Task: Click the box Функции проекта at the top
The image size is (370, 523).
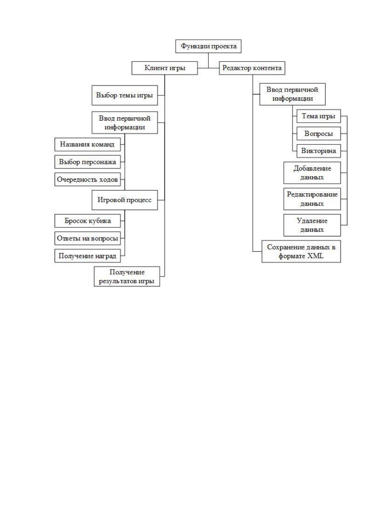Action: click(208, 46)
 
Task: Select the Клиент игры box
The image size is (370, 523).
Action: click(165, 68)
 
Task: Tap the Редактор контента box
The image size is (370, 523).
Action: click(252, 68)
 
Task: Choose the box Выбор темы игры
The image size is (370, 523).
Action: click(125, 95)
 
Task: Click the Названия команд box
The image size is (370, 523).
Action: click(88, 144)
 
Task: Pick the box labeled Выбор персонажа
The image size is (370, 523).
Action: click(88, 162)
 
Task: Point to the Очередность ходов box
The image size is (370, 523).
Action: click(88, 179)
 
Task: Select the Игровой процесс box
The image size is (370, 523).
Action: click(125, 200)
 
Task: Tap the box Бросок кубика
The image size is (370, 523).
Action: click(88, 221)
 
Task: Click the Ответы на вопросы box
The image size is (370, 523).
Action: click(88, 239)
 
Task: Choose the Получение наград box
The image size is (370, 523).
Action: click(88, 256)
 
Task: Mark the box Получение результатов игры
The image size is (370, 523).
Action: click(127, 276)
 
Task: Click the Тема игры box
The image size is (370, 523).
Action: click(319, 116)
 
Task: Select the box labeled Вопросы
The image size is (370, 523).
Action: click(319, 134)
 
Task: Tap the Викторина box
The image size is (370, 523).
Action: click(319, 151)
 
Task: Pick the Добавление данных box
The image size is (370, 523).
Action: click(312, 173)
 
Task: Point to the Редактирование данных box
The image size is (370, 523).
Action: click(312, 199)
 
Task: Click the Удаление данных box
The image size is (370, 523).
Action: click(312, 225)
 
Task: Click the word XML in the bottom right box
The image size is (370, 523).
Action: click(315, 256)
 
